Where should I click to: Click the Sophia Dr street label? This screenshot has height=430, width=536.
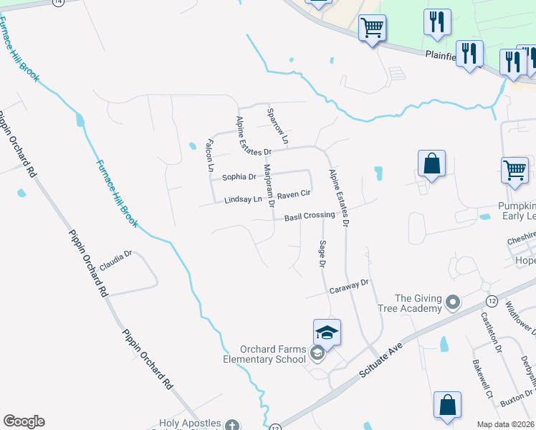pyautogui.click(x=239, y=177)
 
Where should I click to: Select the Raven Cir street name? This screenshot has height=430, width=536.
pyautogui.click(x=294, y=194)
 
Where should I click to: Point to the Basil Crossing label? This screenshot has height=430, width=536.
pyautogui.click(x=310, y=216)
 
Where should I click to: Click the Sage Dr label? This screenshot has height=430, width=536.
pyautogui.click(x=322, y=255)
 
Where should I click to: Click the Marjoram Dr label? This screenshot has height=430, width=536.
pyautogui.click(x=269, y=185)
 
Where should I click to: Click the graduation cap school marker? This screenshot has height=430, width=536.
pyautogui.click(x=327, y=333)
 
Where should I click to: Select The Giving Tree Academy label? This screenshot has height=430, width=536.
pyautogui.click(x=418, y=303)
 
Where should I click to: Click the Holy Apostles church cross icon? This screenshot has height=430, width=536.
pyautogui.click(x=231, y=426)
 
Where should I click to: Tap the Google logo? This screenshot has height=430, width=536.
pyautogui.click(x=24, y=421)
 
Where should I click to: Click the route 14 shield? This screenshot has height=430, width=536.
pyautogui.click(x=58, y=2)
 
